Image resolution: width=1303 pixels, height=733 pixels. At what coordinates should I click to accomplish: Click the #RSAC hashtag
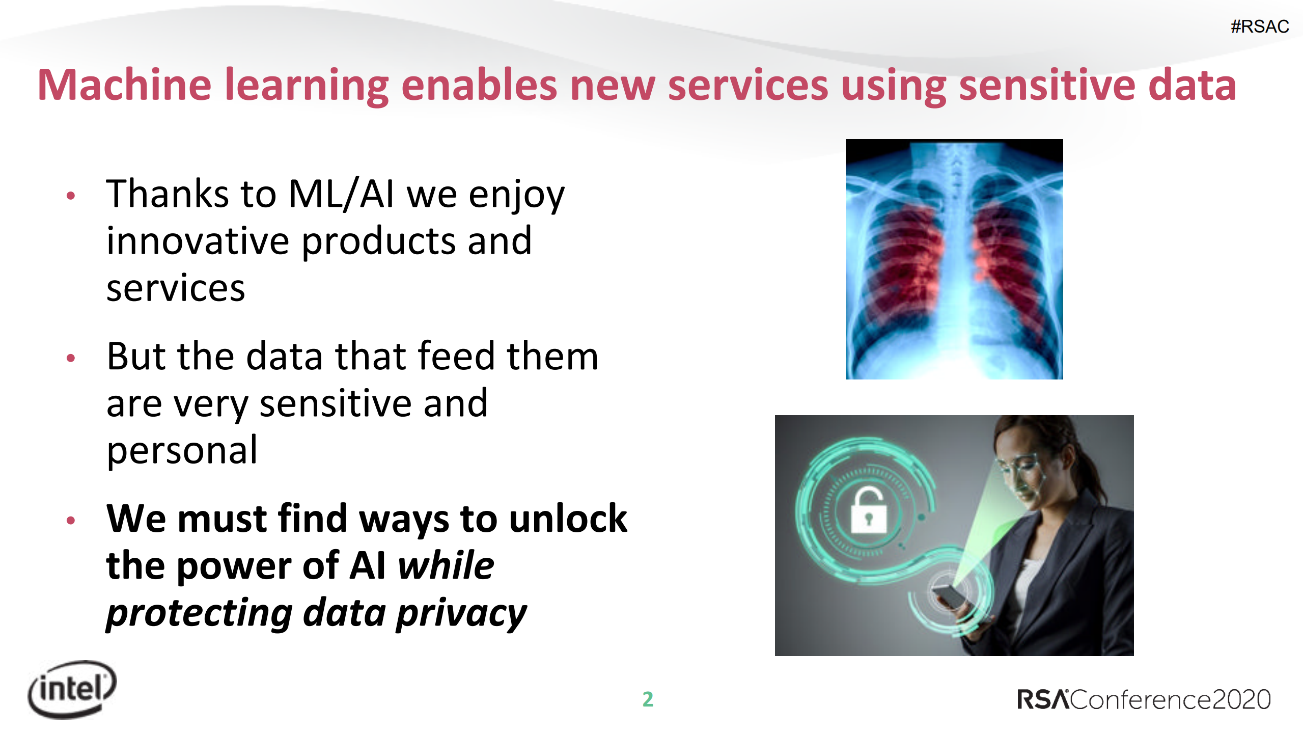[x=1259, y=26]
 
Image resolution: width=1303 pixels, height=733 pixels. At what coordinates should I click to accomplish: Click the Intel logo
[x=72, y=689]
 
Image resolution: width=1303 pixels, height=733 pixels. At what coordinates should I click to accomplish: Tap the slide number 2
[x=648, y=699]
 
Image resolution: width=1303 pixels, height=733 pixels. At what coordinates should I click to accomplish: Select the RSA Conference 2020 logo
[x=1143, y=699]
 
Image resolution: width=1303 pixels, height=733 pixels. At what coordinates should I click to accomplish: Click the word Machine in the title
[x=124, y=85]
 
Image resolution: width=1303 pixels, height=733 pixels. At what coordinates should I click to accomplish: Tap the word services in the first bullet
[x=176, y=288]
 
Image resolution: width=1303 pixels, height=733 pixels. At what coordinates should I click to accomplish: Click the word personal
[x=182, y=451]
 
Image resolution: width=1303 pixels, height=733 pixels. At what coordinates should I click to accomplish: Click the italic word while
[x=446, y=565]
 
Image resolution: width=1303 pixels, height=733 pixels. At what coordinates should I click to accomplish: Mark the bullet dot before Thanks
[x=71, y=196]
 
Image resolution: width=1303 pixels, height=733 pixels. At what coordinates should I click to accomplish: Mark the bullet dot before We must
[x=71, y=520]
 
